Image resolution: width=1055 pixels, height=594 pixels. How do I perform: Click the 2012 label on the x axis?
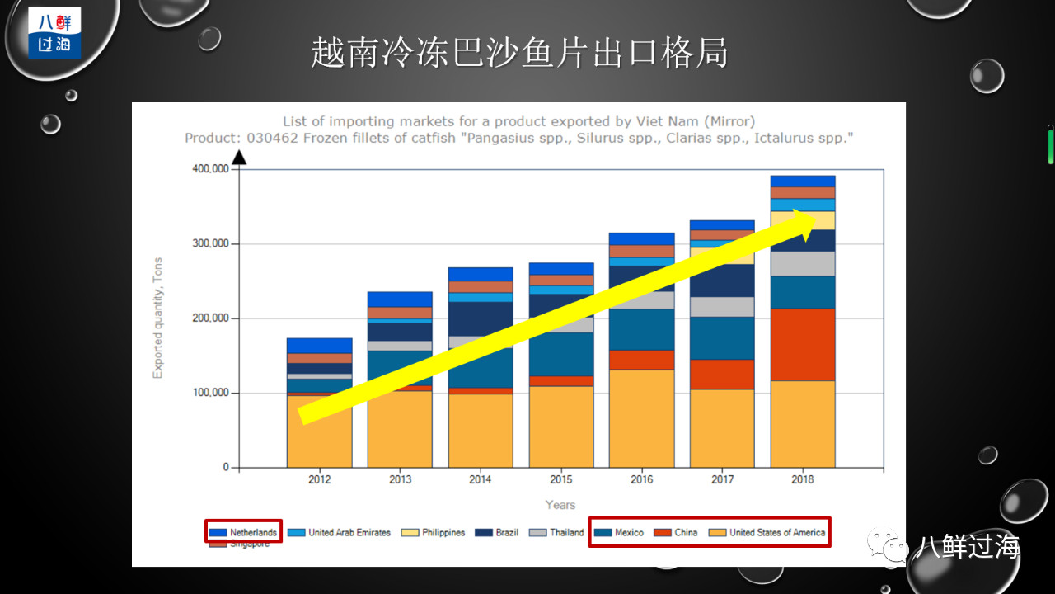point(319,479)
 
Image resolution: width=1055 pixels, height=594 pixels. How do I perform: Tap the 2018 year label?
point(802,479)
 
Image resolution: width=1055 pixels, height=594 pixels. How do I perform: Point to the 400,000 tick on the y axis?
point(209,169)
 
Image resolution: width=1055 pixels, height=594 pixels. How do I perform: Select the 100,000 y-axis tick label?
point(209,393)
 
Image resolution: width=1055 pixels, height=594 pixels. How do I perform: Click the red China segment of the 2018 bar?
point(803,344)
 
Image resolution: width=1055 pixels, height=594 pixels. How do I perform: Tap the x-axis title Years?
point(560,505)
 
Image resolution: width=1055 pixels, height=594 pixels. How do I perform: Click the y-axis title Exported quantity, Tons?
point(158,318)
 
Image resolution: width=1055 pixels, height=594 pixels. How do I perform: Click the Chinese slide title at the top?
point(519,53)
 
